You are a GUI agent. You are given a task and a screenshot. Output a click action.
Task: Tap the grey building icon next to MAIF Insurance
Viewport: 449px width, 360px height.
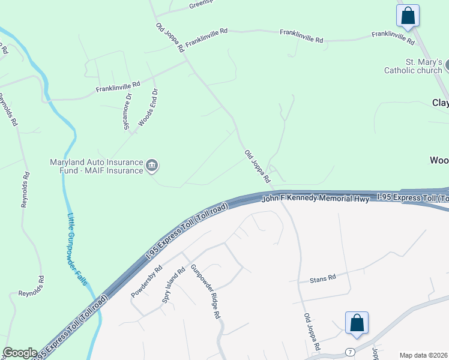[152, 166]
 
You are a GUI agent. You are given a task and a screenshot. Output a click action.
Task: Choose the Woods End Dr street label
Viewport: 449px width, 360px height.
[148, 107]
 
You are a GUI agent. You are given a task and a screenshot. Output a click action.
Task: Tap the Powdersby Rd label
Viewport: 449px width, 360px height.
[147, 282]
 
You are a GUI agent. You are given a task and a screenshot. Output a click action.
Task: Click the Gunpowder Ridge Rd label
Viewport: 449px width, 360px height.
[205, 292]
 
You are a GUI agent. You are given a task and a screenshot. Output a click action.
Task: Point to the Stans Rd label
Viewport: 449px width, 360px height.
[322, 278]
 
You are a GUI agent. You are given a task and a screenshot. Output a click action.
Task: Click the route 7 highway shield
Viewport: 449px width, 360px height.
[351, 351]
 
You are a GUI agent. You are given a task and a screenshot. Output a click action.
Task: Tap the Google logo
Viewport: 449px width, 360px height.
[20, 353]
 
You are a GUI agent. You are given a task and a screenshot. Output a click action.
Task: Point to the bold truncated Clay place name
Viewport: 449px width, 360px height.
[440, 103]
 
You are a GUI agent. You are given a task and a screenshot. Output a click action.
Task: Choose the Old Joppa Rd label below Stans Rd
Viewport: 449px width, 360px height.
[312, 331]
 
